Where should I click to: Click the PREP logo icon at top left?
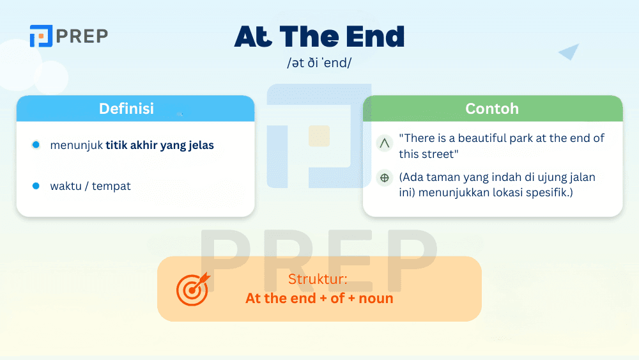[40, 36]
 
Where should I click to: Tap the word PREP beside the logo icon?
[81, 36]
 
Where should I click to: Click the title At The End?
[319, 37]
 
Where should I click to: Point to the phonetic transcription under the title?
[319, 63]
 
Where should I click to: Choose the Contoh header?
[492, 109]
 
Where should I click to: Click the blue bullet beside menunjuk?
[36, 145]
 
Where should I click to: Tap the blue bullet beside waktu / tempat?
[36, 186]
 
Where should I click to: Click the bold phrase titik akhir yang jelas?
[160, 145]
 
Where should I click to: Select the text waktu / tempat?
[90, 186]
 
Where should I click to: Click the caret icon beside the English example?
[385, 144]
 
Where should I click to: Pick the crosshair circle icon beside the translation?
[385, 178]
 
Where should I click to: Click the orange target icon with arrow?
[192, 289]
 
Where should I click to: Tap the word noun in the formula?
[376, 298]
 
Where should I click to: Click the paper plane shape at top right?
[569, 52]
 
